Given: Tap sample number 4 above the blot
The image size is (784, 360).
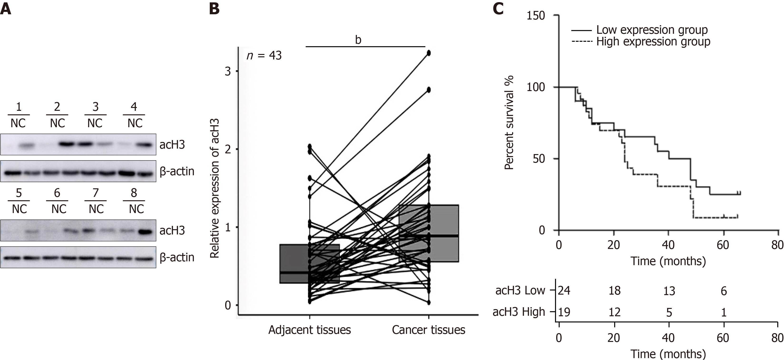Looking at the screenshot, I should click(x=134, y=107).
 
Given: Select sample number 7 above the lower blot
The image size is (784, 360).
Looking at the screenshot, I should click(x=95, y=193).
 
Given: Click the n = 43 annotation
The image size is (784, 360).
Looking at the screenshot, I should click(x=264, y=56).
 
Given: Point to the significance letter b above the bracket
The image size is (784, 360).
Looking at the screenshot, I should click(x=358, y=40).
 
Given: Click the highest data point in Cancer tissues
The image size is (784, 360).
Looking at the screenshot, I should click(x=429, y=53).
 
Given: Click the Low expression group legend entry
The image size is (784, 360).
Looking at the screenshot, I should click(x=652, y=30).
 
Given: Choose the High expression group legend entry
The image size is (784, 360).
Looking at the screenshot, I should click(x=653, y=42).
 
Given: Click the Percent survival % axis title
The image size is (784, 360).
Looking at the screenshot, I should click(x=509, y=123).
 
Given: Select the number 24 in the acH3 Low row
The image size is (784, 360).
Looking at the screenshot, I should click(x=564, y=291).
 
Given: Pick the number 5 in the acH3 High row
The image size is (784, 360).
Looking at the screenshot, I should click(x=669, y=312).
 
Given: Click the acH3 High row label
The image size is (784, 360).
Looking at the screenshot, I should click(x=519, y=312).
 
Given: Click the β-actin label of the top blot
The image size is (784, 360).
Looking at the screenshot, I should click(x=177, y=171).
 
